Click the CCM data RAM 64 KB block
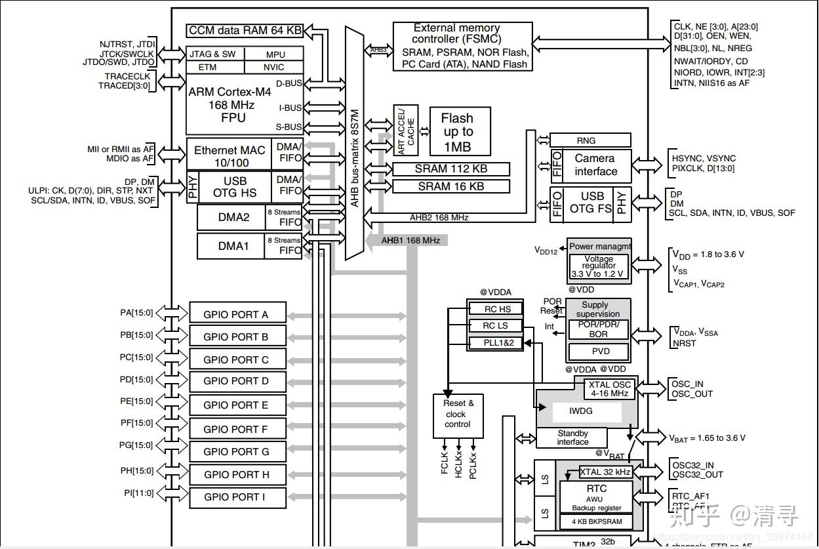(245, 31)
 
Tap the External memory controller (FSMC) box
(462, 47)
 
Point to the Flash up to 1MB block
(460, 132)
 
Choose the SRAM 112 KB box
(451, 169)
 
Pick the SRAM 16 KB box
(451, 186)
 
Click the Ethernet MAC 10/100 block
(230, 156)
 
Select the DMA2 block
(233, 217)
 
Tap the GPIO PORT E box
(237, 405)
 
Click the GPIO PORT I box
(237, 497)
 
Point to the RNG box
(589, 140)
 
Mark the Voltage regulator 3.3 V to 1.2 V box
(599, 266)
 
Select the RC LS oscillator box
(496, 326)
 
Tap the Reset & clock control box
(458, 415)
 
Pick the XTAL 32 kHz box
(605, 472)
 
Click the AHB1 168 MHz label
(410, 241)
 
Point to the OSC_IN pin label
(687, 384)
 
